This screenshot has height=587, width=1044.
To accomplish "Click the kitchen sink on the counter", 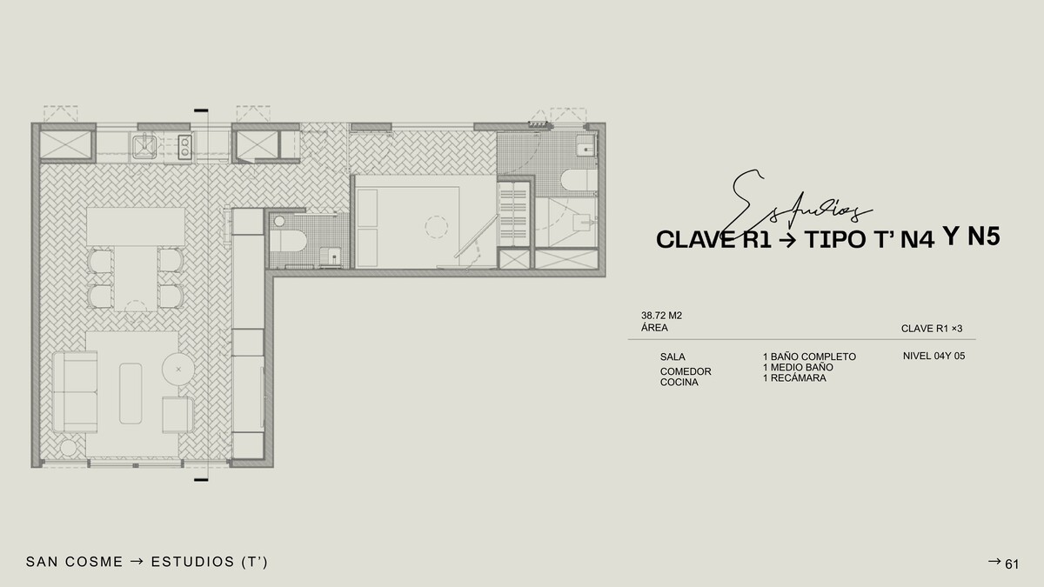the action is click(144, 146).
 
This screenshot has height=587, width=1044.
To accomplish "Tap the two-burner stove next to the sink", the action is click(185, 147).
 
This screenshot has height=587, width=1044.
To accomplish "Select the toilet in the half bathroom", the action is click(288, 241).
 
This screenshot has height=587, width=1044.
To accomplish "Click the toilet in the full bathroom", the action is click(579, 180).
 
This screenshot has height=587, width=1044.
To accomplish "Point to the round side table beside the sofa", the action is click(178, 370).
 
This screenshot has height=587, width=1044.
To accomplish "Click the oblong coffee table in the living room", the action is click(130, 394).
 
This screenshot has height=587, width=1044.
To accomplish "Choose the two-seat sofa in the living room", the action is click(75, 392).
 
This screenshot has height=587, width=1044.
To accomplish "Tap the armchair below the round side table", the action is click(177, 415).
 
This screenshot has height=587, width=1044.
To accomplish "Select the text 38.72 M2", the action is click(661, 316).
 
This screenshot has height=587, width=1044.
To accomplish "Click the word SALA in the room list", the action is click(673, 357).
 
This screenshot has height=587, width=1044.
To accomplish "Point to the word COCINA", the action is click(679, 382).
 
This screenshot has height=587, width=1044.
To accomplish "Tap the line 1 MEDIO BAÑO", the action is click(798, 367).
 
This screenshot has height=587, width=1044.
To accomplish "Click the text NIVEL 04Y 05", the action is click(934, 356).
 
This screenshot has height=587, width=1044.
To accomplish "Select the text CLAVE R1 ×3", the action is click(932, 329).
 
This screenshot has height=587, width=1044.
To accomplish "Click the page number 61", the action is click(1012, 564).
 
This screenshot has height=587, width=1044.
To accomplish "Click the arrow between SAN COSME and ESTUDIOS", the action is click(137, 562).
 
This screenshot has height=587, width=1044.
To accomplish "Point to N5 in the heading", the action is click(984, 237).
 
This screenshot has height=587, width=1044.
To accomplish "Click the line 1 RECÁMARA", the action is click(794, 377).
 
